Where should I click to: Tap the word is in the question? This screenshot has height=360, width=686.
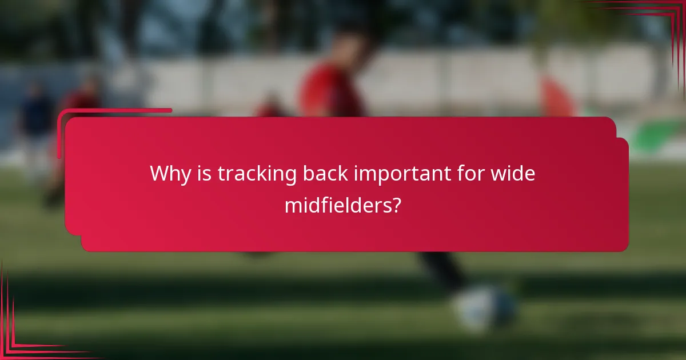click(204, 174)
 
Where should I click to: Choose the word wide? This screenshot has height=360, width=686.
click(513, 174)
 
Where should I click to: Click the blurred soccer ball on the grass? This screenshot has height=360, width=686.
click(486, 309)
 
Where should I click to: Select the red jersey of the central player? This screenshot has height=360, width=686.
click(332, 91)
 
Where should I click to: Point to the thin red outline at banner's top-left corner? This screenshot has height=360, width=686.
click(63, 114)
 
